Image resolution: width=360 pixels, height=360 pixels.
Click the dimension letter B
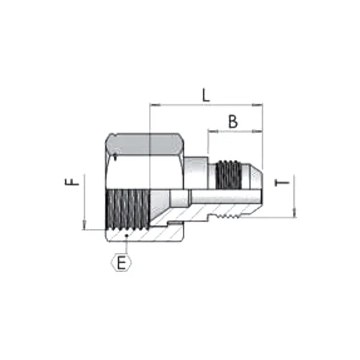(233, 121)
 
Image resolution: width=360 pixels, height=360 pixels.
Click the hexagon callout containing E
(122, 263)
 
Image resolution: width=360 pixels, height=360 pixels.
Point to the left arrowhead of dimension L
(153, 106)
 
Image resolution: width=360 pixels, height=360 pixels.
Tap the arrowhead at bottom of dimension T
(293, 213)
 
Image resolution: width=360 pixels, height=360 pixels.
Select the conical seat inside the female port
(159, 202)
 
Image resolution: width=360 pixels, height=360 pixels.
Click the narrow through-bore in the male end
(222, 194)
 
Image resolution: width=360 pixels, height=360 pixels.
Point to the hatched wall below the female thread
(144, 234)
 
